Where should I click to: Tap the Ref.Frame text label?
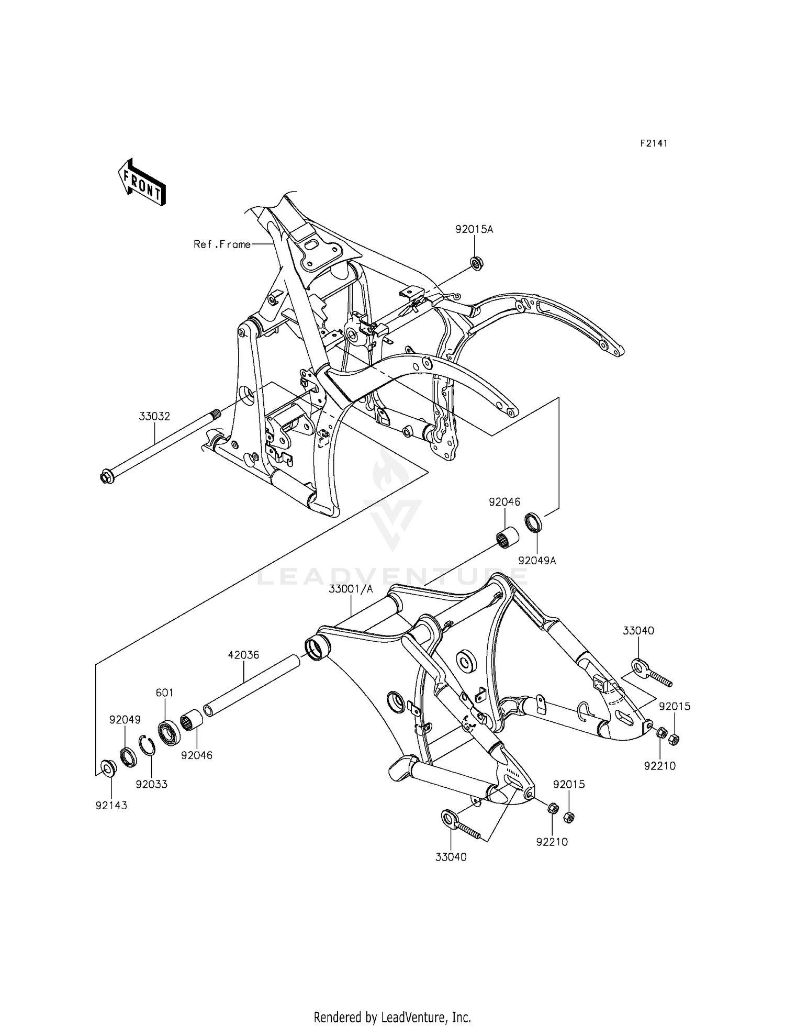222,244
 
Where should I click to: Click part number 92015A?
474,229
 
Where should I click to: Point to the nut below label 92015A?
476,262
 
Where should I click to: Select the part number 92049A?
537,561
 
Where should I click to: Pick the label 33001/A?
351,589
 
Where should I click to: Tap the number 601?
164,693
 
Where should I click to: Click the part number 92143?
111,806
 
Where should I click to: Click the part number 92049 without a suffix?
125,720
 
